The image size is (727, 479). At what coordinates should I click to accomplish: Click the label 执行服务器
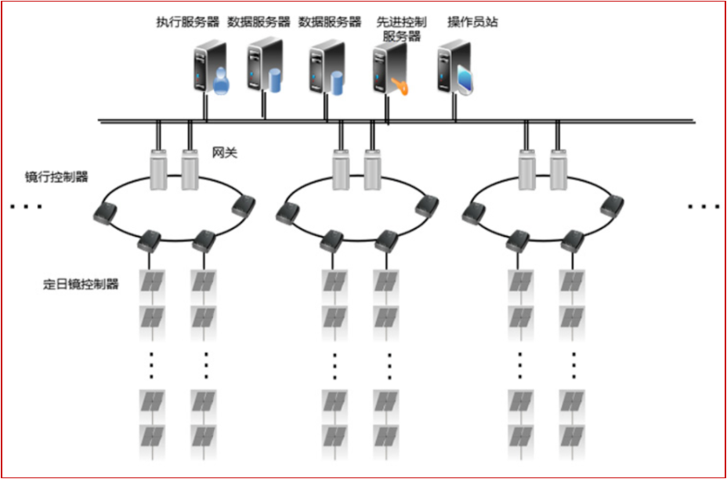tap(188, 22)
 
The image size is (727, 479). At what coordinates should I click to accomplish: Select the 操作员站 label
tap(472, 22)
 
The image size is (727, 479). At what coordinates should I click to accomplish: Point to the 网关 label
tap(225, 154)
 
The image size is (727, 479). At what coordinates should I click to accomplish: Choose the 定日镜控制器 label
tap(81, 285)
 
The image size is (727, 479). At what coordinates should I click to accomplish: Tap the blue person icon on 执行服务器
tap(220, 81)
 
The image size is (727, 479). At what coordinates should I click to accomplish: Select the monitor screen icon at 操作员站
tap(465, 82)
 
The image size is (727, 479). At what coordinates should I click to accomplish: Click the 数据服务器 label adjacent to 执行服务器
tap(259, 22)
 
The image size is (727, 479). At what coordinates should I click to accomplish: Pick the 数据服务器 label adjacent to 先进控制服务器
tap(330, 22)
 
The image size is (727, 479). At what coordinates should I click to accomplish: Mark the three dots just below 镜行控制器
tap(26, 207)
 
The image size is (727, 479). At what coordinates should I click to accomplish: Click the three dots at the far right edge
tap(703, 207)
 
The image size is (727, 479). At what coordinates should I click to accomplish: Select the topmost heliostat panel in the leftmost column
tap(151, 281)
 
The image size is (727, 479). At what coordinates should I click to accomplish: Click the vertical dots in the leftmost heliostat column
tap(151, 365)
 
